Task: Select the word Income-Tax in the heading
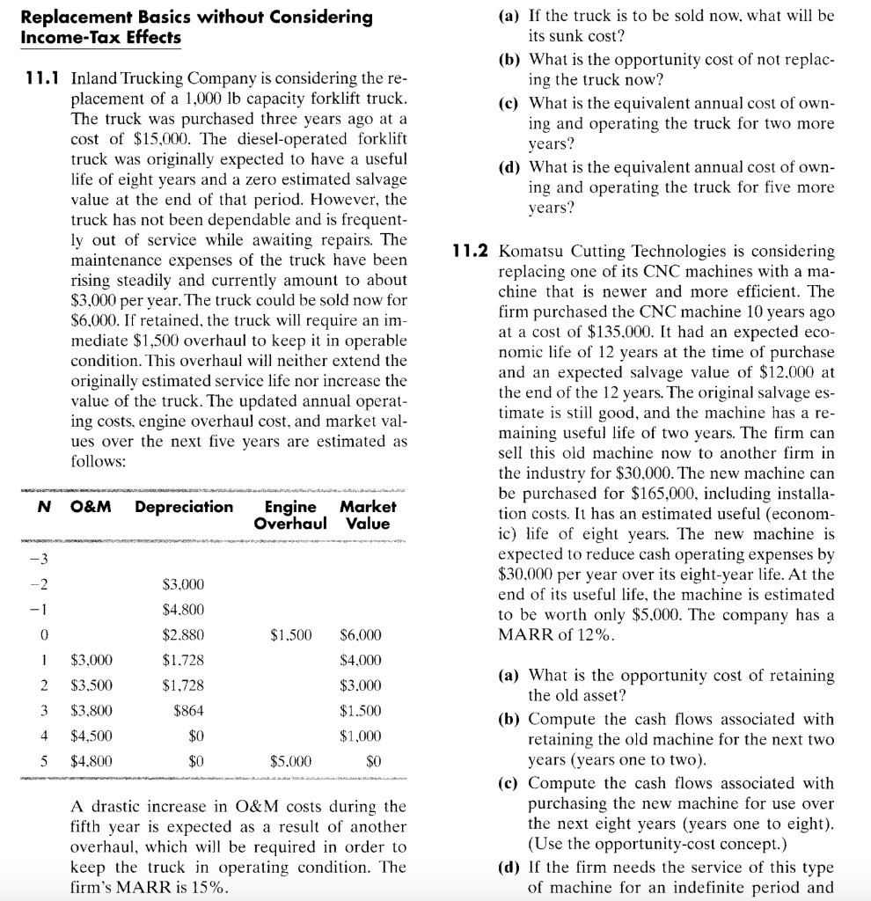pos(55,37)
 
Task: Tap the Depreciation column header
pos(185,507)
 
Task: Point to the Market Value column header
pos(368,514)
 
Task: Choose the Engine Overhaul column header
pos(290,514)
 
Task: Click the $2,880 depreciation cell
pos(184,634)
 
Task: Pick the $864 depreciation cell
pos(189,710)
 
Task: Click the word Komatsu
pos(530,252)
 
